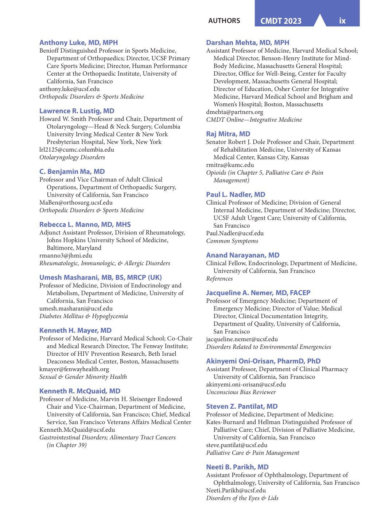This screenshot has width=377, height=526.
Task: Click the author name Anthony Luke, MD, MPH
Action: (x=78, y=43)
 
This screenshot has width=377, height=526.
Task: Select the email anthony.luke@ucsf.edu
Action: (x=69, y=89)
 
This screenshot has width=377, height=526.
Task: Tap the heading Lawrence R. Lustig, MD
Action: (x=77, y=111)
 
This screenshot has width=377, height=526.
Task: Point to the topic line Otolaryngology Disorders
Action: (x=72, y=157)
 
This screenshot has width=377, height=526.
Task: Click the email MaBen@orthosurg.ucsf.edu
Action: (x=76, y=203)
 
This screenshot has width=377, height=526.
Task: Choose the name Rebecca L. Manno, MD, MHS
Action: (x=85, y=225)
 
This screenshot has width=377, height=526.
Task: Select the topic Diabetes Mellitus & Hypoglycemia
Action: (x=83, y=316)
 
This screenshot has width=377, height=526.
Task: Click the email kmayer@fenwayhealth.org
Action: (x=74, y=369)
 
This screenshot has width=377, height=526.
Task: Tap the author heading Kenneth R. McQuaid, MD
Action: (x=80, y=391)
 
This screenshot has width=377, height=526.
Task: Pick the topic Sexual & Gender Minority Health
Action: (x=83, y=377)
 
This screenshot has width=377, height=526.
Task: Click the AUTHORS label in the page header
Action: (x=224, y=21)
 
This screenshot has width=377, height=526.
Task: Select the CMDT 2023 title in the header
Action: (x=281, y=21)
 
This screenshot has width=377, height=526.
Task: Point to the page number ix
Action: (x=342, y=21)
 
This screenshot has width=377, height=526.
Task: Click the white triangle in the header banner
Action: (x=320, y=21)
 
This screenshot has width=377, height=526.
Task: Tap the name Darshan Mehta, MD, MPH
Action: (x=248, y=43)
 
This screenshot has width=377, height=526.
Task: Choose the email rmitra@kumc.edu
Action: (x=230, y=165)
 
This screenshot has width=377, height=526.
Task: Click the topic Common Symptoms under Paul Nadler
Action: (x=232, y=241)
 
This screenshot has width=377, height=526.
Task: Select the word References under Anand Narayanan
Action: (x=219, y=279)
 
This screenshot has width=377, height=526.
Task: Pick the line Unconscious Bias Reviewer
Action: (x=241, y=392)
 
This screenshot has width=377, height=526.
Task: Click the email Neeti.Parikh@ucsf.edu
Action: (x=236, y=491)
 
